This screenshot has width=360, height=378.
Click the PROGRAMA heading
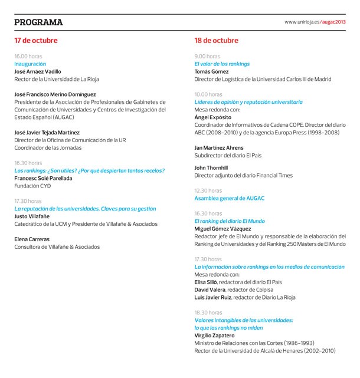pos(38,22)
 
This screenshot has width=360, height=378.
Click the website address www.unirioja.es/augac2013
pos(315,22)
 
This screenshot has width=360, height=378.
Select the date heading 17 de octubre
pos(36,41)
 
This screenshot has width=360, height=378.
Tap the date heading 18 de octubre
pos(217,41)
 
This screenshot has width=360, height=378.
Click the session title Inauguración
pos(30,64)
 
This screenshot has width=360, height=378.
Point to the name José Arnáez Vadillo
pos(38,71)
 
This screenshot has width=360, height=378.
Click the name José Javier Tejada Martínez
pos(47,133)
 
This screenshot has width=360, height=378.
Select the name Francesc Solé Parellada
pos(43,178)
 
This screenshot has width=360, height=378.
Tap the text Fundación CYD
pos(32,186)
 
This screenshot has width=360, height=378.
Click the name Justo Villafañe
pos(32,216)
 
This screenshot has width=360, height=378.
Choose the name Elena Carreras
pos(32,239)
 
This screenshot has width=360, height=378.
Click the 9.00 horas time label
pos(207,56)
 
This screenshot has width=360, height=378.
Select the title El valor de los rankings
pos(222,64)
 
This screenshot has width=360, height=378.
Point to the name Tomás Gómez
pos(211,71)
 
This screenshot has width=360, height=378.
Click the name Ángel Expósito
pos(212,117)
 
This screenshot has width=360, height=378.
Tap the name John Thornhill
pos(211,168)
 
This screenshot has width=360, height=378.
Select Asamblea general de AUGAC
pos(230,199)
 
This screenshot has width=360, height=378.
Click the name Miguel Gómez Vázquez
pos(222,229)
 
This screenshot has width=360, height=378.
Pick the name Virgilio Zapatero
pos(214,336)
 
